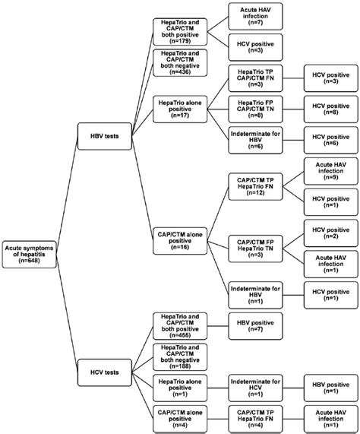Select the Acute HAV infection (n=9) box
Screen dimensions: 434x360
327,169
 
